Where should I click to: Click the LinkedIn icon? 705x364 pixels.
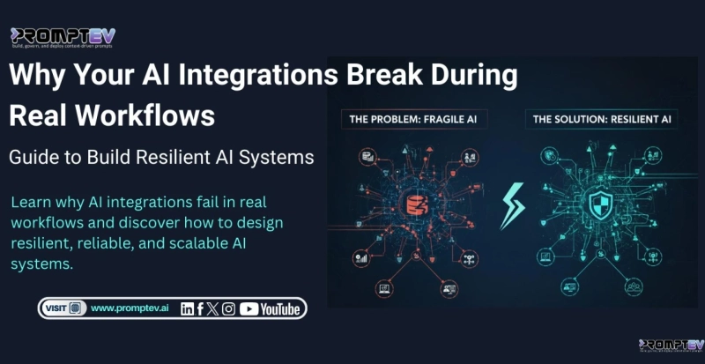tap(187, 308)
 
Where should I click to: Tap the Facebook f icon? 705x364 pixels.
tap(201, 308)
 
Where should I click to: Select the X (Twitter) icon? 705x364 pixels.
tap(214, 308)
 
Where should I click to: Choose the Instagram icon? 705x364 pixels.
tap(229, 308)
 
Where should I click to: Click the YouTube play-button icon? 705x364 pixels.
tap(249, 308)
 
